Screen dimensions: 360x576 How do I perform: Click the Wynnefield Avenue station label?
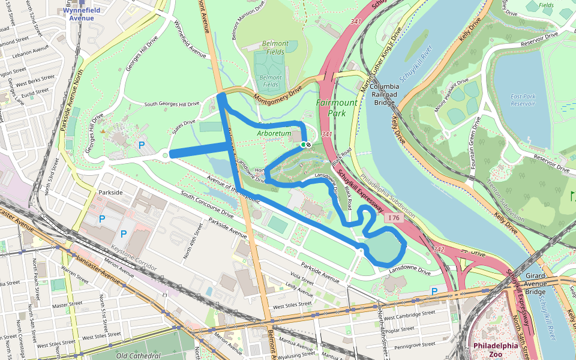pos(81,14)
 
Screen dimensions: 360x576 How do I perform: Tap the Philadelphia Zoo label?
pos(495,350)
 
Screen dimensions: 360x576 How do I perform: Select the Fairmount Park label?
pos(337,107)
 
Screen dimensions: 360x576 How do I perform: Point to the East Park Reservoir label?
pos(523,100)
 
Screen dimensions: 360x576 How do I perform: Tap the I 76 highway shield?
pos(393,217)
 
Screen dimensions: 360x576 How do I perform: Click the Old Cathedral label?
pos(140,355)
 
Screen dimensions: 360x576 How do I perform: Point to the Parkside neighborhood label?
pos(110,193)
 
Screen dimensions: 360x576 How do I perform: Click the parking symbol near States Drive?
pos(142,145)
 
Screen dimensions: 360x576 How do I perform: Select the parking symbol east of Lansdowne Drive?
pos(434,291)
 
